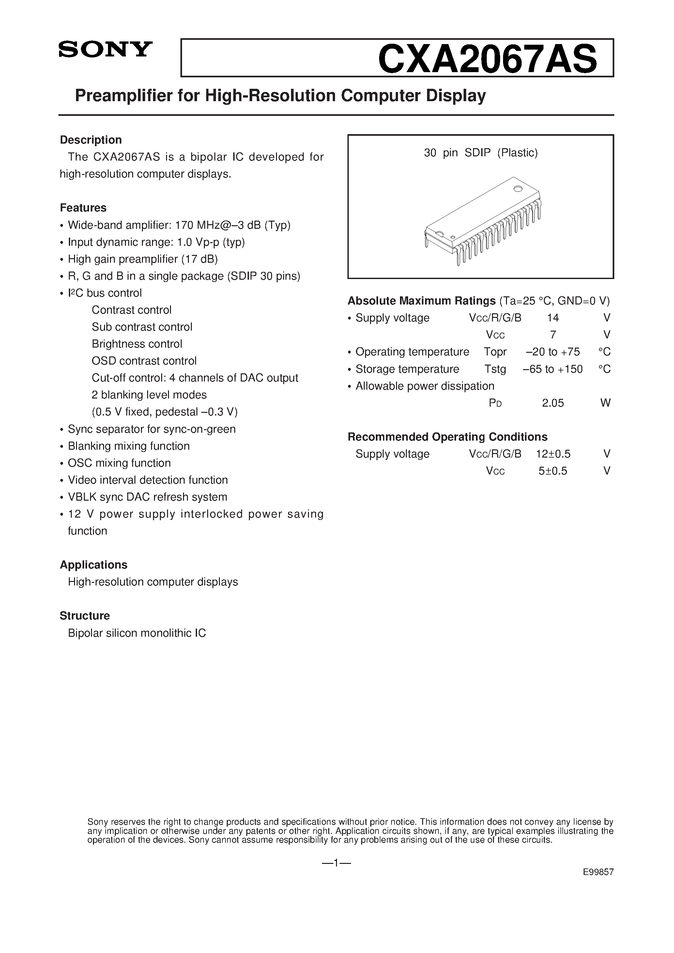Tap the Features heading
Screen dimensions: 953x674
pyautogui.click(x=83, y=208)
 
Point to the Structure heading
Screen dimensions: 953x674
pyautogui.click(x=85, y=616)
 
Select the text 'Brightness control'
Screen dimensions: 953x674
pyautogui.click(x=137, y=344)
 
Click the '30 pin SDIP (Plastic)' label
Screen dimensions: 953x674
pyautogui.click(x=481, y=153)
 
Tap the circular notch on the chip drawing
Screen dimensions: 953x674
pyautogui.click(x=517, y=189)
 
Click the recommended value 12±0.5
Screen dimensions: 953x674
pyautogui.click(x=553, y=454)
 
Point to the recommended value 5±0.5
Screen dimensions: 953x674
pyautogui.click(x=553, y=471)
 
